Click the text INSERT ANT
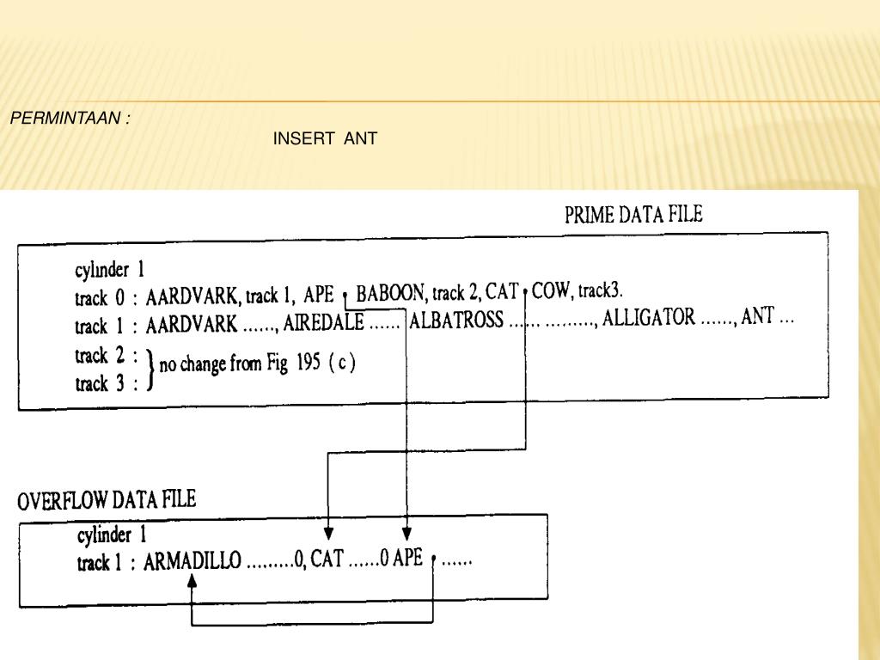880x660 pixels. click(325, 138)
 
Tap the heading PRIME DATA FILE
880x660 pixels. click(633, 215)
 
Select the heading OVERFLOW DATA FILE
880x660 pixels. click(107, 500)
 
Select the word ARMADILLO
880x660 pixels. click(191, 563)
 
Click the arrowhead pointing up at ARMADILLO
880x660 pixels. click(192, 581)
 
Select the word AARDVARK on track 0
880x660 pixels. click(192, 299)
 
